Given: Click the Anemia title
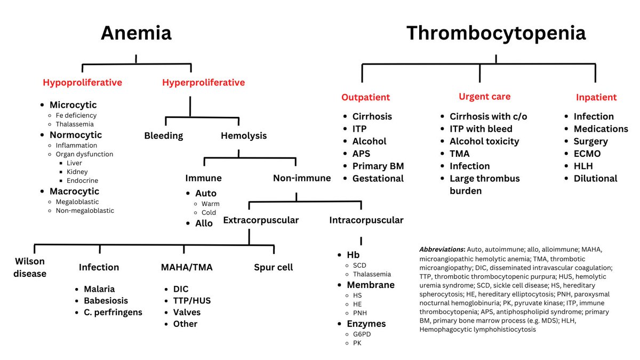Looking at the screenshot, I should [x=136, y=33].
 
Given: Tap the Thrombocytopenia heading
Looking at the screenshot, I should [x=495, y=33].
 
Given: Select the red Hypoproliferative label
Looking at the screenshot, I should [x=83, y=83].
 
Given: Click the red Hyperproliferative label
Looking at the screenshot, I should [x=203, y=83].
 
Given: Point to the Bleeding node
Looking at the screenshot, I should [x=163, y=135].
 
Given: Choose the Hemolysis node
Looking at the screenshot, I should [x=244, y=135].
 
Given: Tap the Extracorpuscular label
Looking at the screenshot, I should [x=261, y=220].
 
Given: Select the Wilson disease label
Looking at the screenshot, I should [x=30, y=268].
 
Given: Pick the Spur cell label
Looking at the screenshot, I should [x=274, y=267].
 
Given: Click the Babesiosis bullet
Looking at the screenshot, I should [x=106, y=300].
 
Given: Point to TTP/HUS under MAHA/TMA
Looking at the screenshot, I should [x=191, y=300].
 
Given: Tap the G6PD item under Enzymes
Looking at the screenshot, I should [x=363, y=334].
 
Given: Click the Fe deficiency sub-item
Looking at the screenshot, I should [x=76, y=115].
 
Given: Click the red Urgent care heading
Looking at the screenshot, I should [x=484, y=97].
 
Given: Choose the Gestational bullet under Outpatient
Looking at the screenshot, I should [x=378, y=178].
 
